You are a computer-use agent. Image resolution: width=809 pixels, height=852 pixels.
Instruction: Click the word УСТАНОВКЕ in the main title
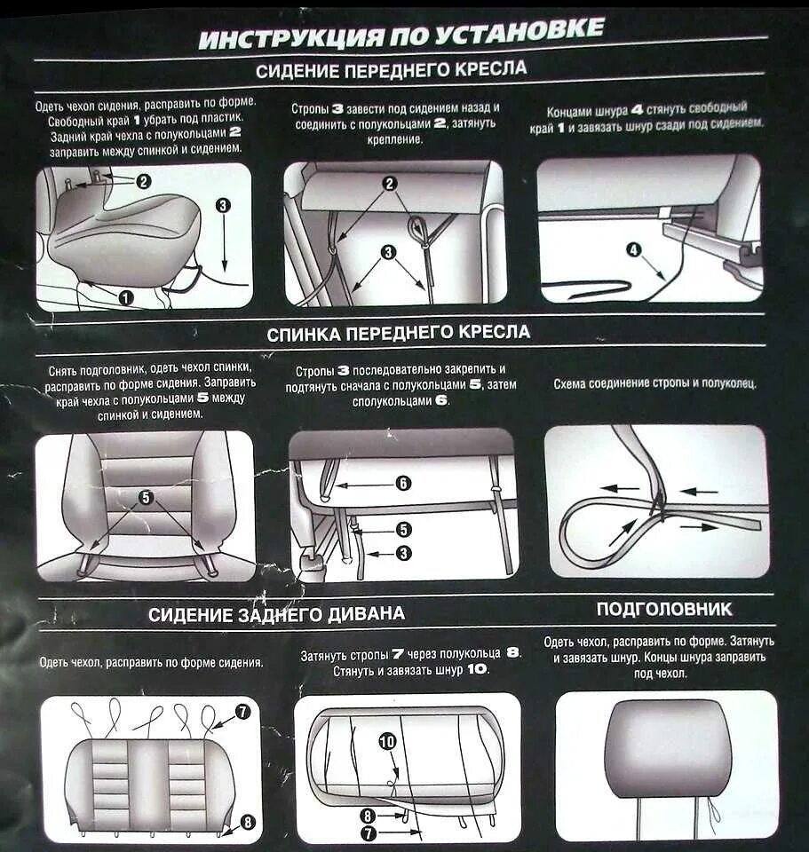[x=520, y=32]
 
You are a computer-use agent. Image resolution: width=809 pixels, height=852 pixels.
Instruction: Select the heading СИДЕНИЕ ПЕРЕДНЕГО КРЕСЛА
[x=391, y=69]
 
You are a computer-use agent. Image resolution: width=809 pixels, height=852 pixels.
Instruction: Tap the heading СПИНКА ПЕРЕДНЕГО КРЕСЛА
[x=398, y=333]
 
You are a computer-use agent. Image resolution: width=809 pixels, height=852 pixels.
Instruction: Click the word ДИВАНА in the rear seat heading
[x=367, y=614]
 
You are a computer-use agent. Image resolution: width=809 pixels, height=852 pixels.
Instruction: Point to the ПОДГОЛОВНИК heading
[x=664, y=609]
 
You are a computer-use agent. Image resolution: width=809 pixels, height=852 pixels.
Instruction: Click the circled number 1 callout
[x=125, y=297]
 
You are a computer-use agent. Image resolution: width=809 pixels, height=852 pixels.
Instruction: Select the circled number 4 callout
[x=634, y=249]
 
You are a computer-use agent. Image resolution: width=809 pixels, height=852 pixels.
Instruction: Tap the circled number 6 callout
[x=403, y=483]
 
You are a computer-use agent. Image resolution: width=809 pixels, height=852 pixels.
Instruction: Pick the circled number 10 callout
[x=388, y=742]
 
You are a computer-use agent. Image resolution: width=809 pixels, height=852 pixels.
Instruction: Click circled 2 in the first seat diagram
[x=143, y=181]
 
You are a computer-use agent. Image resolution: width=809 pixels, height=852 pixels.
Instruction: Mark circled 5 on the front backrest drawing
[x=146, y=497]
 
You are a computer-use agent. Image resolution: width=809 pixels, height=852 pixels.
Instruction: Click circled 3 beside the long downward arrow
[x=223, y=205]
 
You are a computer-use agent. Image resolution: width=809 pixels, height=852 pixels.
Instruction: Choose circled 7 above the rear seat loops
[x=242, y=711]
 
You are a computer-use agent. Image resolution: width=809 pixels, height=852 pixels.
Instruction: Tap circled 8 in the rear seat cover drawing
[x=248, y=822]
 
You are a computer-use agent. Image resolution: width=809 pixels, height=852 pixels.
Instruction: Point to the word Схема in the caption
[x=570, y=383]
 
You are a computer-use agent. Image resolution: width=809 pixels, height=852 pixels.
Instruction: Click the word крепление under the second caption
[x=394, y=139]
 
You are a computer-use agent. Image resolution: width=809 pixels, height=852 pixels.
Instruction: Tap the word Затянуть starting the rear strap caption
[x=324, y=656]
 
